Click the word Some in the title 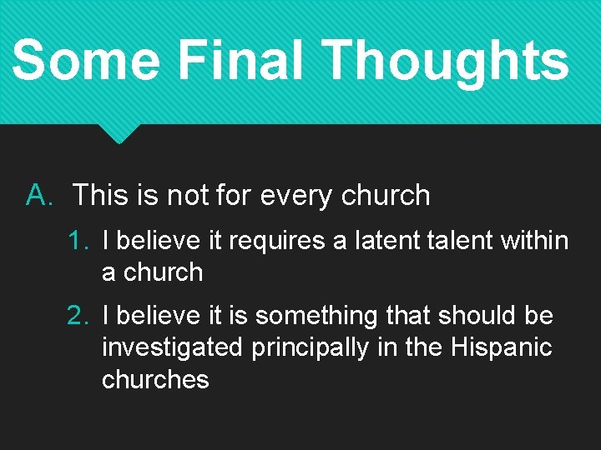86,60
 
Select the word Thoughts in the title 445,60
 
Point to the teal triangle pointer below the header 118,133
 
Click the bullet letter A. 39,196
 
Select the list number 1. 78,242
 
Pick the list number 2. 78,316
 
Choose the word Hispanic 501,347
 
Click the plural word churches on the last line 155,379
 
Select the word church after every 386,196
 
